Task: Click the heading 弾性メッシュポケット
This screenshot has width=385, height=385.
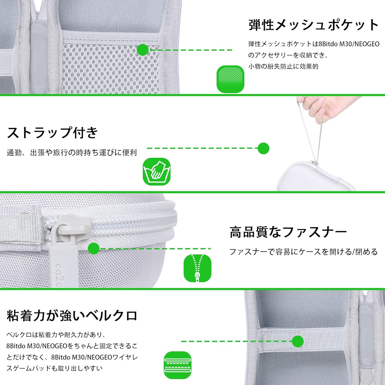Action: (314, 25)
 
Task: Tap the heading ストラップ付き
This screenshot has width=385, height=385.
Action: (53, 133)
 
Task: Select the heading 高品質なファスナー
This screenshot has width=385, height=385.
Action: (288, 232)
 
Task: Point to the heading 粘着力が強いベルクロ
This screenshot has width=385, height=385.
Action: (72, 315)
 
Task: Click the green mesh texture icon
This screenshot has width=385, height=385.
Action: (230, 79)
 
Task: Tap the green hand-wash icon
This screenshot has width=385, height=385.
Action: (157, 171)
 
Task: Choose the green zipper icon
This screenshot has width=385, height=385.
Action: (197, 268)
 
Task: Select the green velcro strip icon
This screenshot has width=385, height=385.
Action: (178, 365)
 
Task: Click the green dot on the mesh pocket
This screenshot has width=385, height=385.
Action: (143, 50)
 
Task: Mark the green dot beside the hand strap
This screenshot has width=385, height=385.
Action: (263, 148)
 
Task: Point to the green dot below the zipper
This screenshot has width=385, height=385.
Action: (94, 248)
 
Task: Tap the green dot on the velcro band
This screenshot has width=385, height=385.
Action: (298, 341)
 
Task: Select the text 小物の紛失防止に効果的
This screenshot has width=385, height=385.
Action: (283, 66)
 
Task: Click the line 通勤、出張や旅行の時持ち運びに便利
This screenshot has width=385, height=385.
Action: (72, 153)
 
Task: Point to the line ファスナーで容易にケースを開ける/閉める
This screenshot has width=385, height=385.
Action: (303, 252)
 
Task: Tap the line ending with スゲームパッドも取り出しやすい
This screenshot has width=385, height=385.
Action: (54, 368)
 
